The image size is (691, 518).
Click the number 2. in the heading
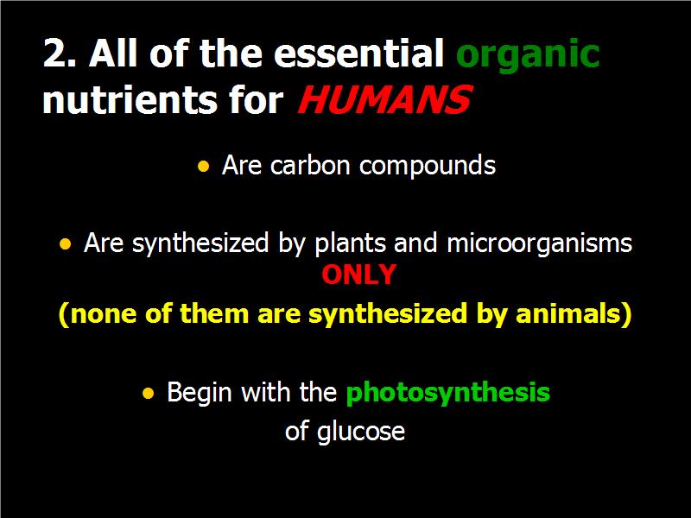click(x=60, y=53)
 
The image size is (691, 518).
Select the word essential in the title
click(x=358, y=53)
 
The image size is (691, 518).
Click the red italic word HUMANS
click(x=384, y=100)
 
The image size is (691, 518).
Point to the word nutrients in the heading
click(x=130, y=99)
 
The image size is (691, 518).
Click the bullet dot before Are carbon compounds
click(x=203, y=166)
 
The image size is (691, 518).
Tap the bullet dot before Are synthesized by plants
click(x=66, y=243)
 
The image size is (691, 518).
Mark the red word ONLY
click(x=358, y=275)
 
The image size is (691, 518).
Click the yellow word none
click(x=104, y=313)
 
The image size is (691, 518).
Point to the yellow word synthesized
click(x=388, y=315)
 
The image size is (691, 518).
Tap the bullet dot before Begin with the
click(x=149, y=393)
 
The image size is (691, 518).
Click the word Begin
click(x=200, y=393)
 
